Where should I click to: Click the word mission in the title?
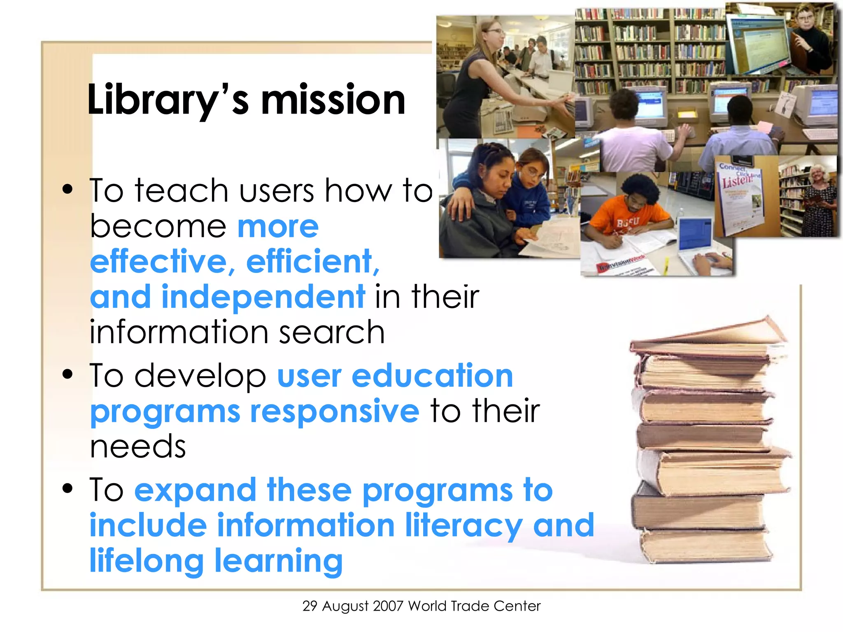coord(333,100)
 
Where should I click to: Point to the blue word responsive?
coord(335,411)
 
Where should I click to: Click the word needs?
coord(138,447)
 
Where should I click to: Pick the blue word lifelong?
coord(147,561)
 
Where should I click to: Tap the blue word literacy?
coord(464,526)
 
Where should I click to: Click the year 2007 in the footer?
coord(388,606)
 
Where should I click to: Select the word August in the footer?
coord(345,606)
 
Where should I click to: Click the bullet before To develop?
coord(68,374)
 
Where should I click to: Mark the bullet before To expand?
coord(68,488)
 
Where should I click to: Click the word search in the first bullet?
coord(331,332)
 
